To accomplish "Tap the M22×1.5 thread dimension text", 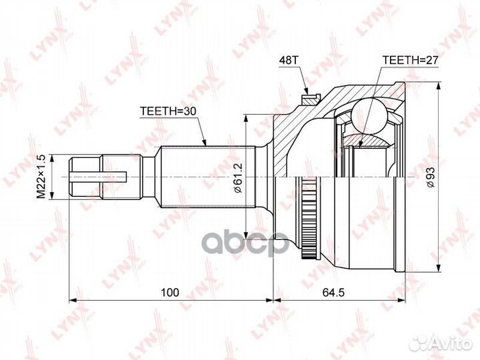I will point(41,176).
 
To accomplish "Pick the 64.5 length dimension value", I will point(341,291).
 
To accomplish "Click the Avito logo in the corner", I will point(440,343).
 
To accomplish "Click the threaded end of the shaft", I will point(85,177).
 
